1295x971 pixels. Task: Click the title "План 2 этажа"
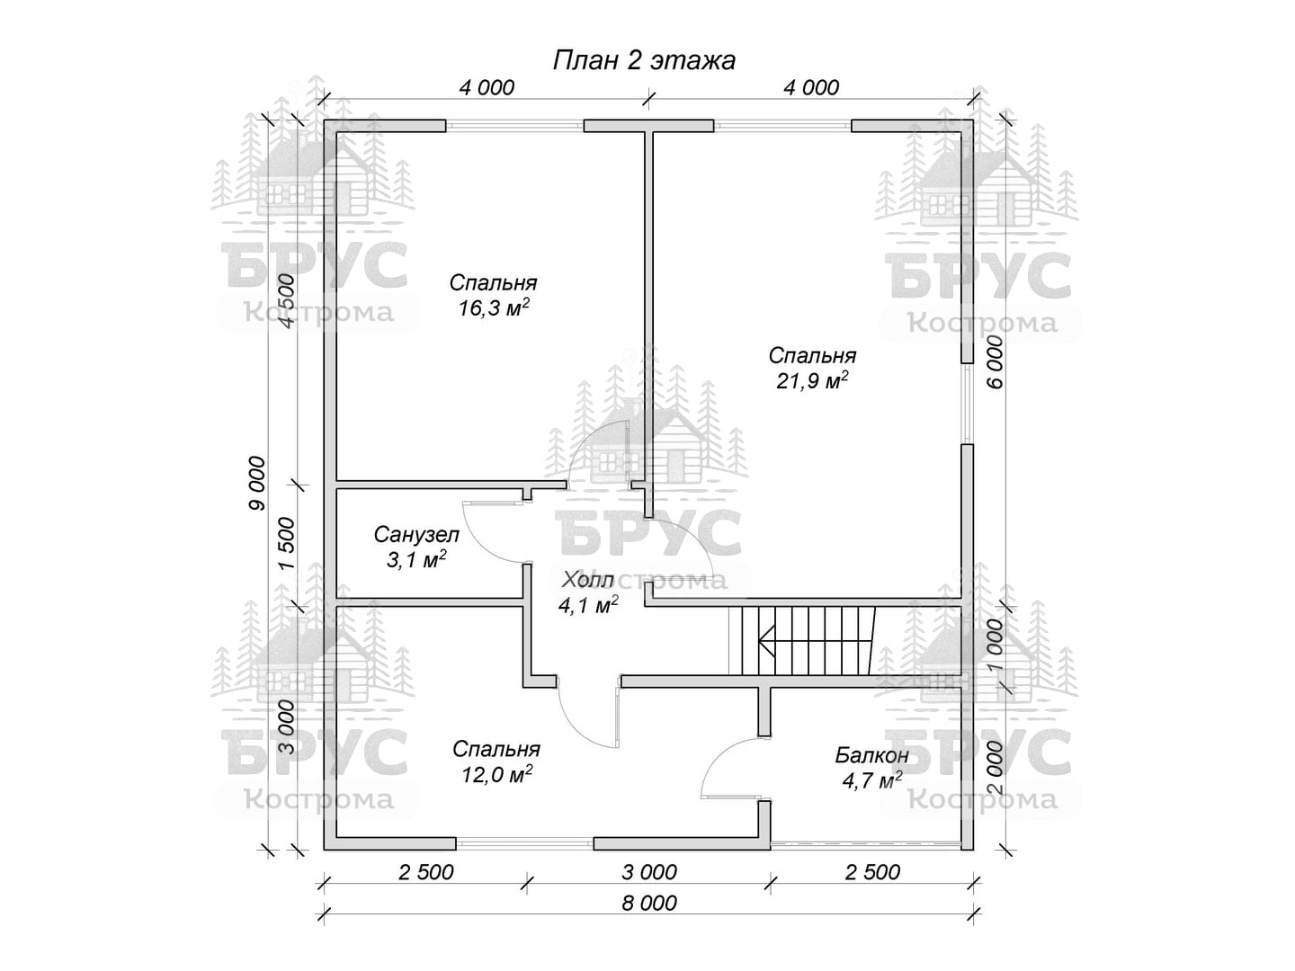tap(644, 61)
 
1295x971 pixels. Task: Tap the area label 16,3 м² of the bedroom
tap(493, 307)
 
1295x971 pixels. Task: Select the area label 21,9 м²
tap(812, 381)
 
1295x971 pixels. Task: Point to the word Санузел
tap(416, 535)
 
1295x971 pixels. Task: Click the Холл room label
tap(587, 580)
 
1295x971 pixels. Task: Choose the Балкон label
tap(872, 755)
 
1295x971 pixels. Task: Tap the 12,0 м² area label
tap(496, 775)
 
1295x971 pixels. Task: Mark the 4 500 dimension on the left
tap(287, 300)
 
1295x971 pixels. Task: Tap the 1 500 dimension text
tap(287, 544)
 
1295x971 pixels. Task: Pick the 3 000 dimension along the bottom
tap(649, 872)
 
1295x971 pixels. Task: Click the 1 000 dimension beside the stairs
tap(994, 646)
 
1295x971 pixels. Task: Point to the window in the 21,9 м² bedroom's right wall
tap(967, 404)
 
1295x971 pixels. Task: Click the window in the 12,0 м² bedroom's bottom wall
tap(524, 843)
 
